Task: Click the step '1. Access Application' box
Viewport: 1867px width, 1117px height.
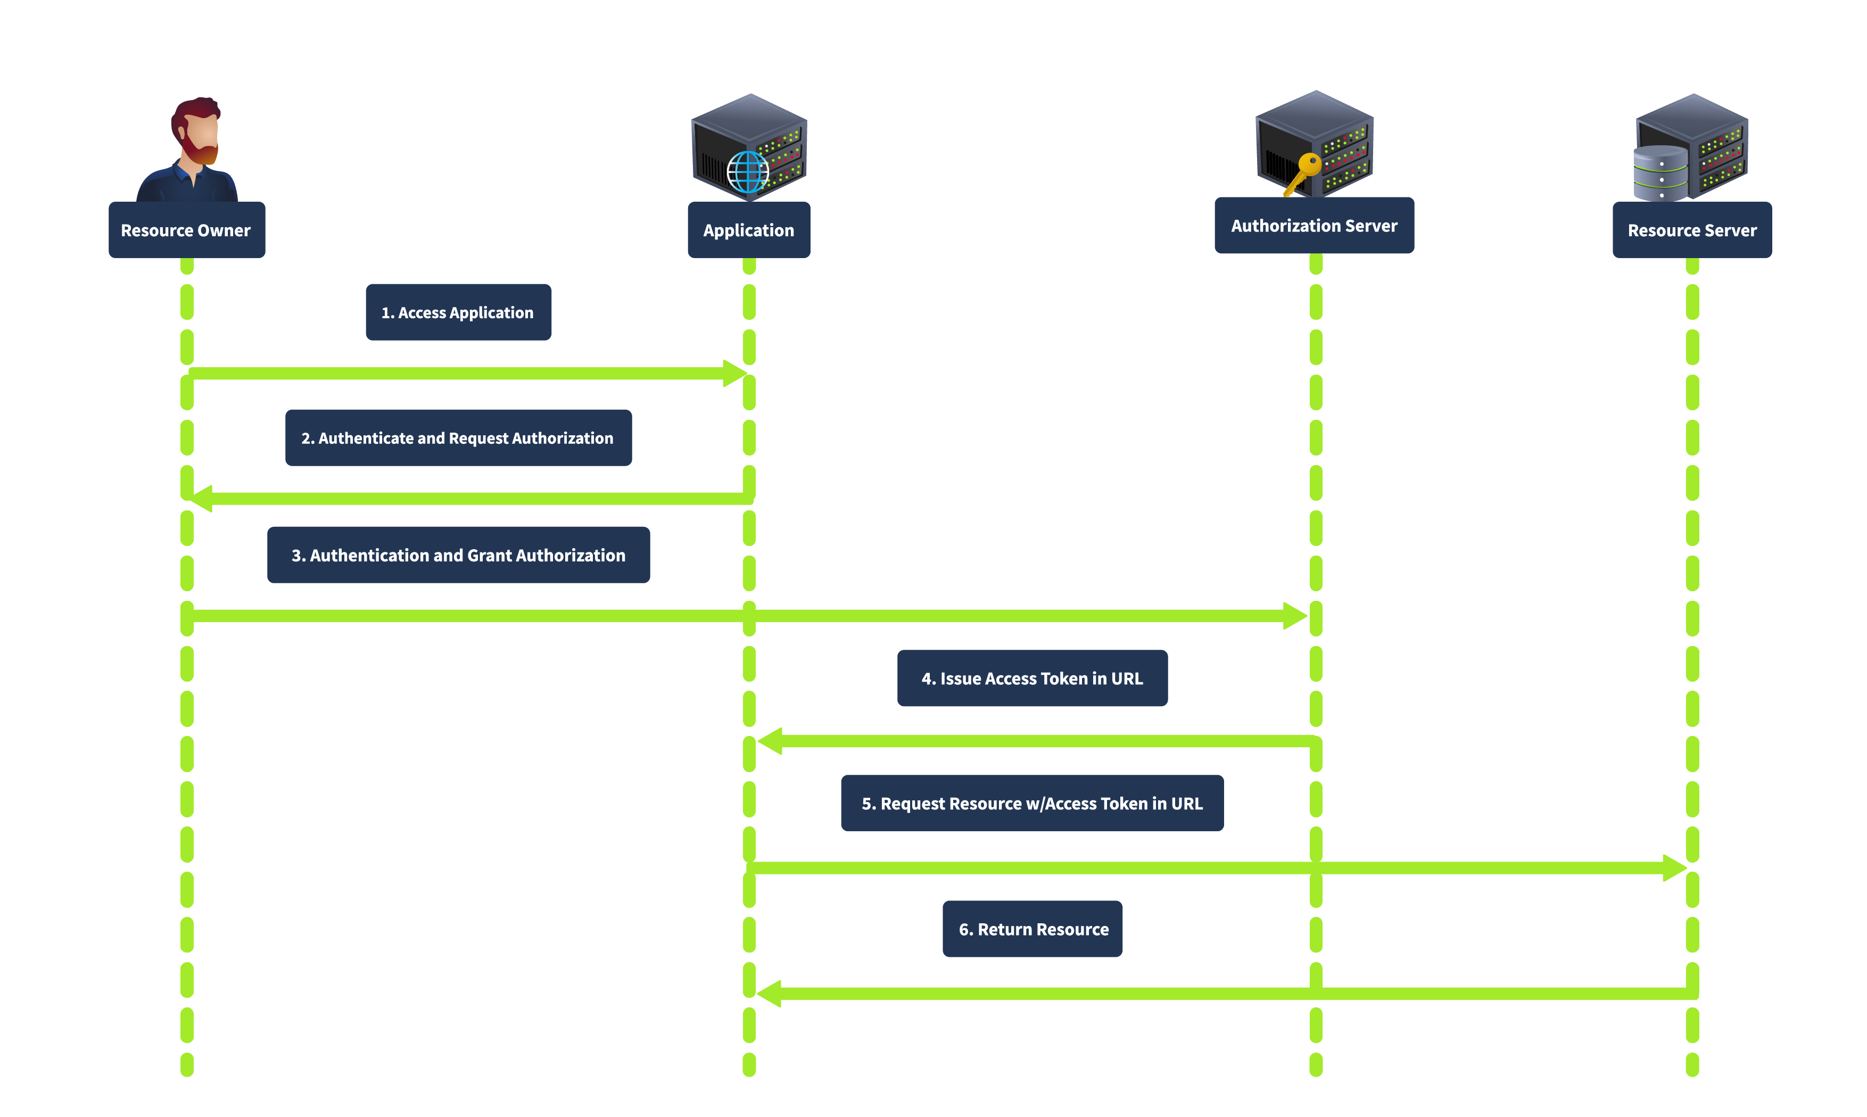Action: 458,312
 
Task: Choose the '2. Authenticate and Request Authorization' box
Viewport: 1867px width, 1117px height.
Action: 458,437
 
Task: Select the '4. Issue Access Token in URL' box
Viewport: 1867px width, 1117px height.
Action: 1032,677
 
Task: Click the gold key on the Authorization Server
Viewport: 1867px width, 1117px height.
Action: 1303,171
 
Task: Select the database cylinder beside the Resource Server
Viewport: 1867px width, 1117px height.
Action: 1659,173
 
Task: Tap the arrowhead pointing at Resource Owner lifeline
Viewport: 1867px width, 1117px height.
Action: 202,498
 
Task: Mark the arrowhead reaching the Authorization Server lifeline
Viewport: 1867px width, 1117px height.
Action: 1294,615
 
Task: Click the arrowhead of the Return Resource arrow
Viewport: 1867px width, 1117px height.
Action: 770,993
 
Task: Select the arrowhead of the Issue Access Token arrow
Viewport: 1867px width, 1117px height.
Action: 771,741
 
